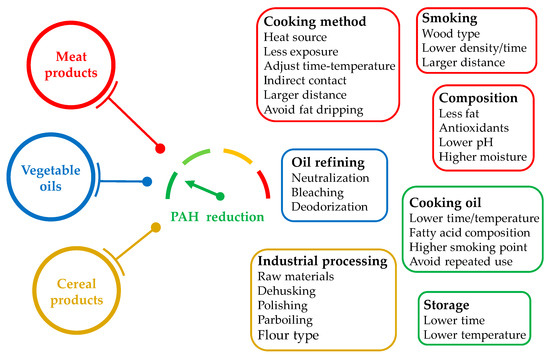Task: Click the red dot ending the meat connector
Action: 161,148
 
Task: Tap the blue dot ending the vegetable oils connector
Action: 147,182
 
